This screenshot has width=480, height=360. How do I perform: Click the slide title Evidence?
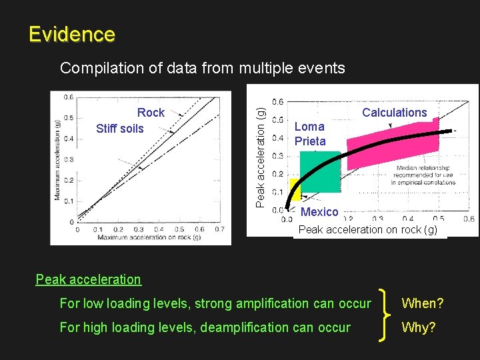[x=72, y=34]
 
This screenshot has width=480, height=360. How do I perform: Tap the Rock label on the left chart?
[x=151, y=113]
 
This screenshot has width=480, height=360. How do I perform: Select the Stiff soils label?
[x=120, y=129]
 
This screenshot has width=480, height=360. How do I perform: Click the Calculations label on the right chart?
[x=394, y=113]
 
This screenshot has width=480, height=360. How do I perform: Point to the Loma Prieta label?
[x=310, y=133]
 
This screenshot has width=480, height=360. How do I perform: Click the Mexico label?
[x=319, y=212]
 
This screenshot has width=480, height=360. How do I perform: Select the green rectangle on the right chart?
[x=320, y=172]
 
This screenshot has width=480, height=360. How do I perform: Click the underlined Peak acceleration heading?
[x=88, y=279]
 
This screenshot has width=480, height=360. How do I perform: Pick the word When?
[x=422, y=304]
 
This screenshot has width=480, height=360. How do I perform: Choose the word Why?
[x=418, y=327]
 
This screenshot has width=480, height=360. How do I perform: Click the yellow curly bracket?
[x=385, y=315]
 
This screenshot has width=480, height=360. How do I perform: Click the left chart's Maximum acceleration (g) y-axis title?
[x=58, y=159]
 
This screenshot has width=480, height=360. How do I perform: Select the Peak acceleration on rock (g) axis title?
[x=367, y=230]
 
